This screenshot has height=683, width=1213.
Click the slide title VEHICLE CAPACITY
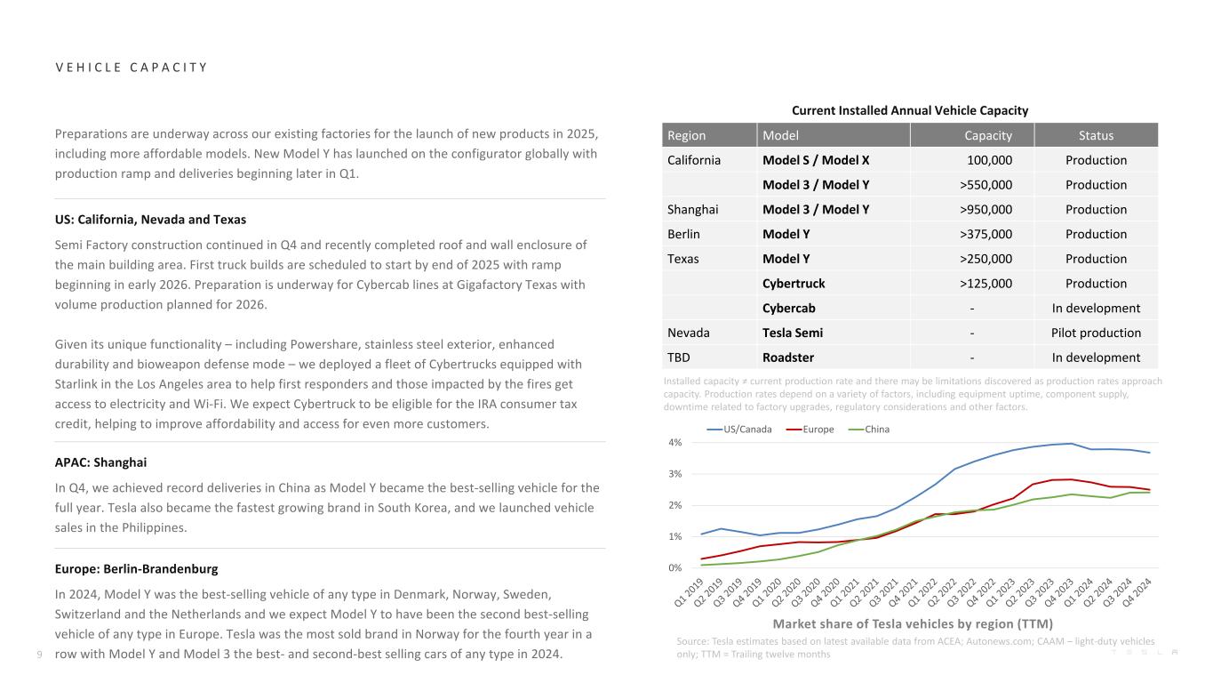click(x=131, y=68)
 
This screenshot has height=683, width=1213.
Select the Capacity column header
click(x=988, y=136)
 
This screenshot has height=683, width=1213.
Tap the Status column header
click(x=1096, y=136)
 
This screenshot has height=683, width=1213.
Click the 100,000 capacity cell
click(x=989, y=160)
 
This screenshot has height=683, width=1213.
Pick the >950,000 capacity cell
click(x=986, y=210)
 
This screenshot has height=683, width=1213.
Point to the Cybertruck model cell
click(x=794, y=284)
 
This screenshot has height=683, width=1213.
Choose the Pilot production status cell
click(x=1096, y=333)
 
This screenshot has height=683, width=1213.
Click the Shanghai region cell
click(x=692, y=210)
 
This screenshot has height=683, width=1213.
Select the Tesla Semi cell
click(x=793, y=333)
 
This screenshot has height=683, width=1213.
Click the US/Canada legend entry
click(x=739, y=430)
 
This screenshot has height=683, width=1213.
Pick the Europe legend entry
click(x=814, y=430)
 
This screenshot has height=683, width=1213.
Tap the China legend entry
click(x=873, y=430)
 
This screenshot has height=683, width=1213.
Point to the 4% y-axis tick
click(x=674, y=443)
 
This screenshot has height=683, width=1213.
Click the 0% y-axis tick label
click(x=674, y=567)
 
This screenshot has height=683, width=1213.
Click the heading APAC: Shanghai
click(x=100, y=462)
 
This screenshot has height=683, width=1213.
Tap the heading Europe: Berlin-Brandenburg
click(x=136, y=568)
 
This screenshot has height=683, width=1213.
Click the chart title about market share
click(x=912, y=623)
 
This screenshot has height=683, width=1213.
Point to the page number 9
click(x=39, y=655)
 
